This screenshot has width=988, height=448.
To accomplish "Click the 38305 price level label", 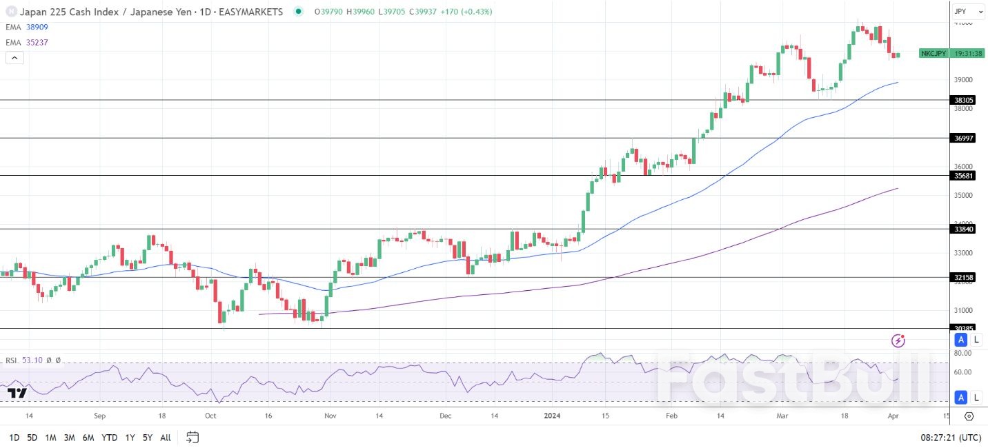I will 963,100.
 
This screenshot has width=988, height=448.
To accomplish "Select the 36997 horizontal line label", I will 963,138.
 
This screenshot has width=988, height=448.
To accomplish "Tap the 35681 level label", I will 963,176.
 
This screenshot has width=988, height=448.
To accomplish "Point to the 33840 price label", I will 963,229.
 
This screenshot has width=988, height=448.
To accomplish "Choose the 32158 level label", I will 963,278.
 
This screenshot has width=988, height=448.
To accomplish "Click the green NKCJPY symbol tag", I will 933,53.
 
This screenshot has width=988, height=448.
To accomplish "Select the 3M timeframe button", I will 69,438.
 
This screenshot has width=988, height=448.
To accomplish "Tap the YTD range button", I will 109,438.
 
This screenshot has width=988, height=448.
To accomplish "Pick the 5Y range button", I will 148,438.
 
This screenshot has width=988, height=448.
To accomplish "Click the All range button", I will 166,438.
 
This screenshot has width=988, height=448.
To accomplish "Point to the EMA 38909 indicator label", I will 27,27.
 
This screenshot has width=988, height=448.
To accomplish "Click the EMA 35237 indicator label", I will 27,43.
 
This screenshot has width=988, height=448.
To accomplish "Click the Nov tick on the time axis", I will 330,416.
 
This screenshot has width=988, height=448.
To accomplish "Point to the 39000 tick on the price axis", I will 963,80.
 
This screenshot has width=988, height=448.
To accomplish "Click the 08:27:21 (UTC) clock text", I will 955,438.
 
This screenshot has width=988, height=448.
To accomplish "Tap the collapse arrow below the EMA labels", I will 14,58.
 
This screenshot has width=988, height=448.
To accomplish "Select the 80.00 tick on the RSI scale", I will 962,353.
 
